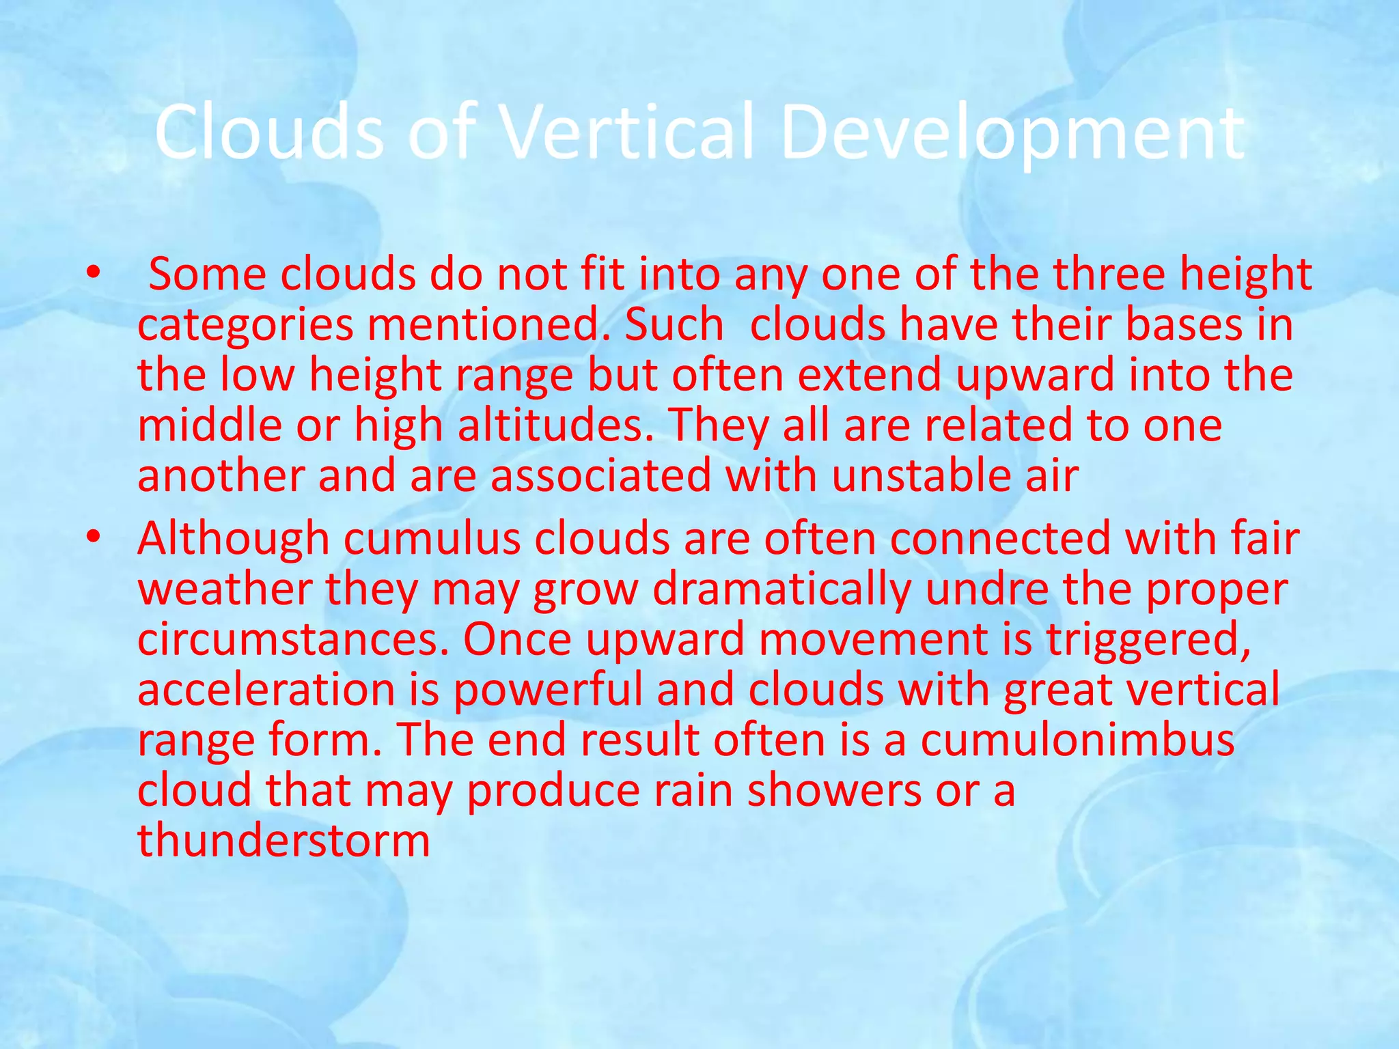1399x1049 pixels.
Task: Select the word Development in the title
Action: point(1012,134)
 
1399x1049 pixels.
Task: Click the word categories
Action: point(245,326)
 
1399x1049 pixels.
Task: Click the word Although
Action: point(234,540)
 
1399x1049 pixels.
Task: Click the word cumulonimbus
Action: point(1077,740)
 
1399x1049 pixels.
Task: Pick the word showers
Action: point(834,790)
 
